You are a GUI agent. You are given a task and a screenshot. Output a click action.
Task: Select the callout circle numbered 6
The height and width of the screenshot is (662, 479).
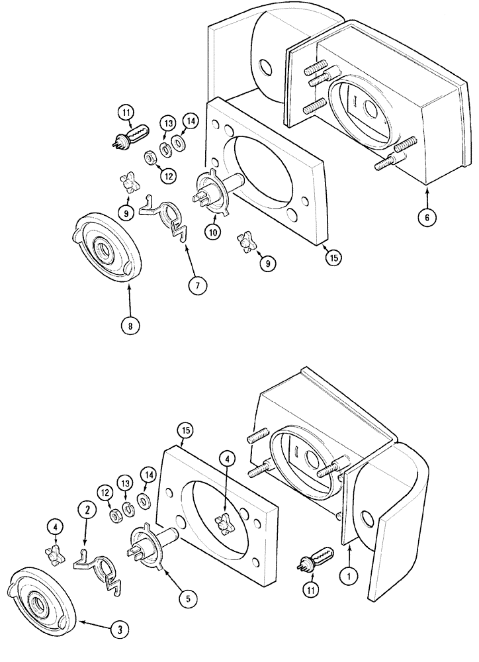point(427,215)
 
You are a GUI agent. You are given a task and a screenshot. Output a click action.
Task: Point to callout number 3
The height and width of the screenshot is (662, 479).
point(120,630)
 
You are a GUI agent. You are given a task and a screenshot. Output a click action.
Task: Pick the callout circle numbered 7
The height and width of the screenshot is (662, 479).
point(198,285)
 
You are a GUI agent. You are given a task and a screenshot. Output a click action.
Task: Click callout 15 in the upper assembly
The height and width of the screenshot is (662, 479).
point(334,258)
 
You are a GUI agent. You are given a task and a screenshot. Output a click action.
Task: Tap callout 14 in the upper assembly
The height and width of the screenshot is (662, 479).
point(191,121)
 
